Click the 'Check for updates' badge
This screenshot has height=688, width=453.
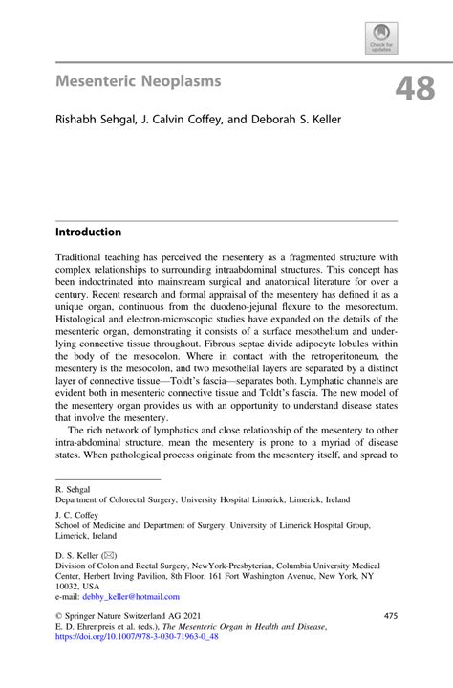tap(381, 37)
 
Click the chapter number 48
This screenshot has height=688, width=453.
tap(414, 88)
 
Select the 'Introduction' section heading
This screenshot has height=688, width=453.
tap(88, 233)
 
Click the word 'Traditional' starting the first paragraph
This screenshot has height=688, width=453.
tap(83, 258)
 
